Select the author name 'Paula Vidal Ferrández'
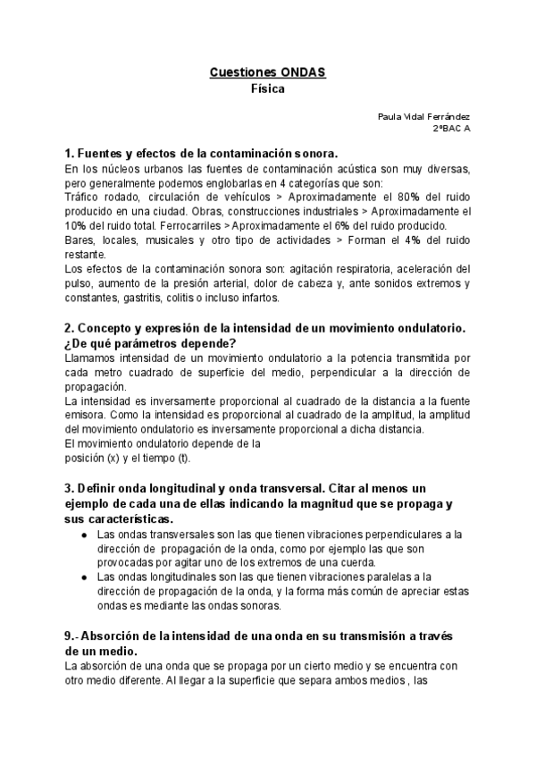(x=424, y=117)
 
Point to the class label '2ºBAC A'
(x=451, y=129)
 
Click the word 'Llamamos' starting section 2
(x=92, y=358)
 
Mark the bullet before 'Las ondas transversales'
(x=84, y=535)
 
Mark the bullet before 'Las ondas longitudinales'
(x=84, y=577)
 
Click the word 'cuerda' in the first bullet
(x=356, y=562)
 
